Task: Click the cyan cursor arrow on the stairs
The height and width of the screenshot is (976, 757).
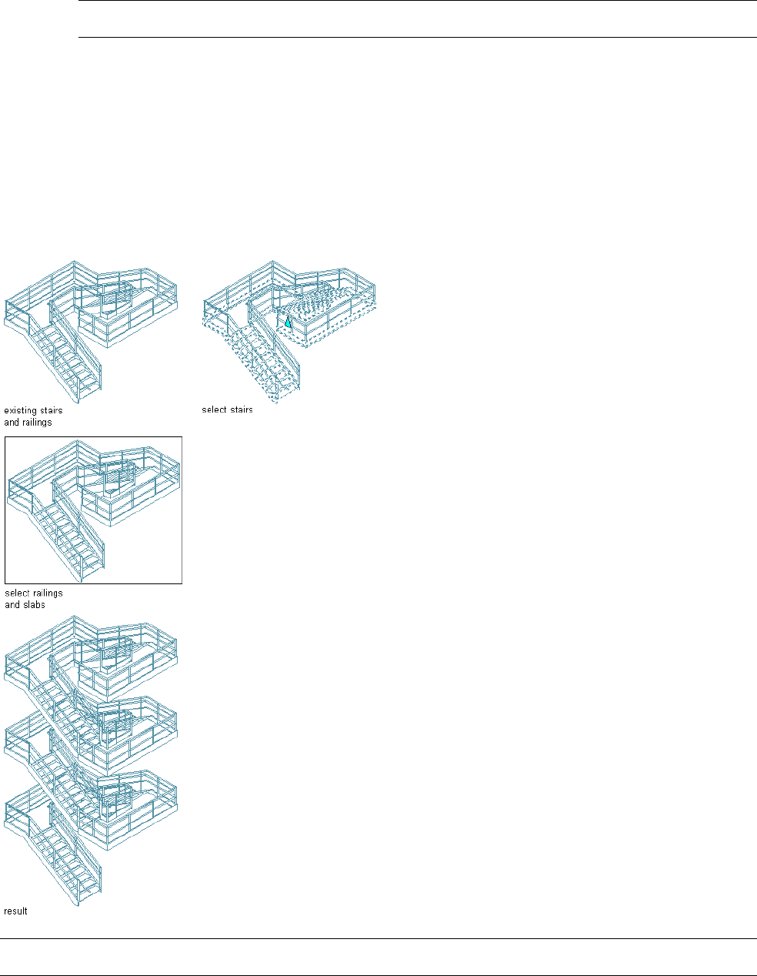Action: click(288, 323)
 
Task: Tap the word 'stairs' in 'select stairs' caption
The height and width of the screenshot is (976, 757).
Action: click(240, 410)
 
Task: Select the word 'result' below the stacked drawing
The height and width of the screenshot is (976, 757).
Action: click(15, 911)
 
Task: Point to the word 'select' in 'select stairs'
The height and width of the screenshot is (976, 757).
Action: click(213, 410)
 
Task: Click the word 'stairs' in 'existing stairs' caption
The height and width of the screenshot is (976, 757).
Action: click(52, 411)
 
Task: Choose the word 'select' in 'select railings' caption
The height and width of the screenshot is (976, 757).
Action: click(16, 593)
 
